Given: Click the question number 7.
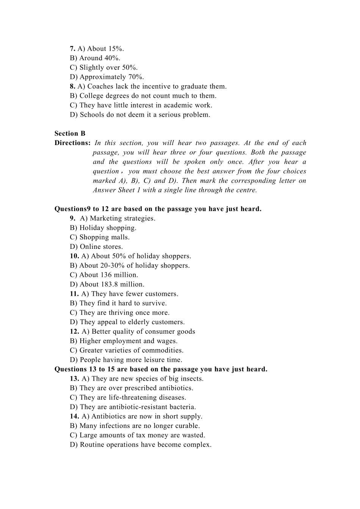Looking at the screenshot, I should [x=72, y=49].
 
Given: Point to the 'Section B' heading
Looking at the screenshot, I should [x=70, y=134].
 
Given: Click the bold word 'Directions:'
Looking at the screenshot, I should [x=72, y=143].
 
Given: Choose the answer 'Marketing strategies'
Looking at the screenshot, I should [x=117, y=219].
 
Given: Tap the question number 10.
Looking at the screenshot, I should [x=74, y=256].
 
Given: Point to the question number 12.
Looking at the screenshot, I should [x=74, y=332].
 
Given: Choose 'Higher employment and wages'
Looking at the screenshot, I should [x=124, y=341].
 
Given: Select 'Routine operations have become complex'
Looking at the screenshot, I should [x=141, y=445].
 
